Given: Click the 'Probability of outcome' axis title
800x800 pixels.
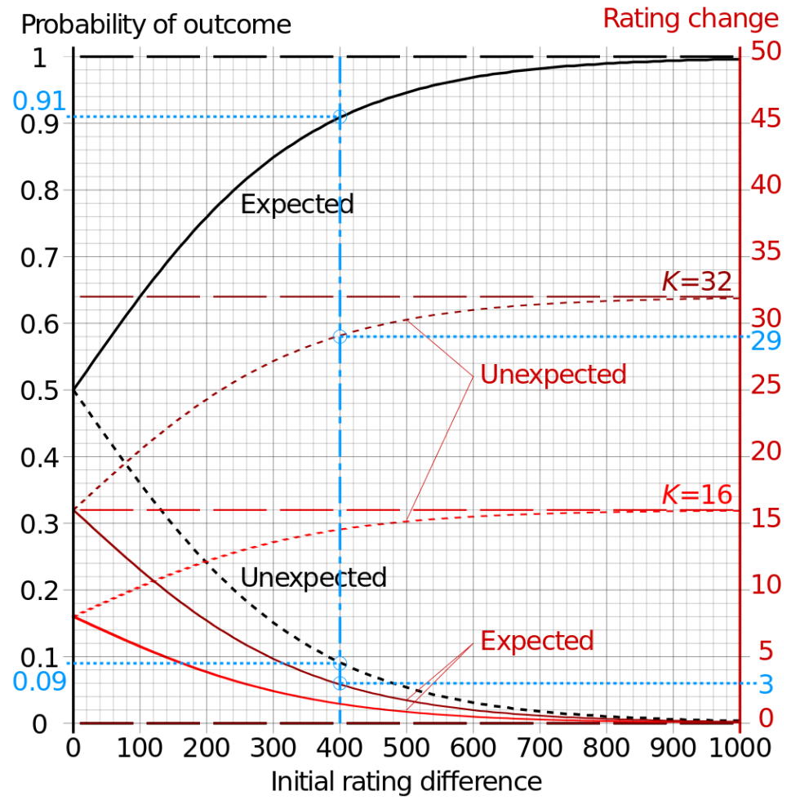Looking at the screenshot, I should click(x=155, y=24).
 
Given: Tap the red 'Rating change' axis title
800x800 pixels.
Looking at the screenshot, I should click(x=691, y=18).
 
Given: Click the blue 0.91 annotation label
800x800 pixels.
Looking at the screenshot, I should click(x=38, y=101).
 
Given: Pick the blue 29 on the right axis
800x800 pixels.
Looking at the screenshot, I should click(x=766, y=340).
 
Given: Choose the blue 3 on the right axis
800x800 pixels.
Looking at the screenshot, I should click(x=766, y=684).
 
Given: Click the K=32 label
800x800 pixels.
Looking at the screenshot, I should click(x=696, y=282).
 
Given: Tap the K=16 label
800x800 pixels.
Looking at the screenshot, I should click(x=696, y=495).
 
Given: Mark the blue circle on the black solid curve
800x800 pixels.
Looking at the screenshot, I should click(x=340, y=117).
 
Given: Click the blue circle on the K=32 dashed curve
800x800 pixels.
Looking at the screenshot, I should click(x=340, y=336).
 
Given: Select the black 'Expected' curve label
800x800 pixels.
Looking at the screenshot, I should click(x=297, y=204).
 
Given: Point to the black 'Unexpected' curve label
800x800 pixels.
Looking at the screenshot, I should click(x=313, y=578).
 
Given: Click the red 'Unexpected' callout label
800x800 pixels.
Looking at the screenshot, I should click(x=553, y=375).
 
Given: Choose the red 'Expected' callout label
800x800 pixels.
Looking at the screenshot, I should click(x=536, y=641).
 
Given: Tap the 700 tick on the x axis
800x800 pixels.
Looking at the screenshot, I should click(x=540, y=747).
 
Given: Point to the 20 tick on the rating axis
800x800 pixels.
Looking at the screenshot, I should click(x=765, y=451).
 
